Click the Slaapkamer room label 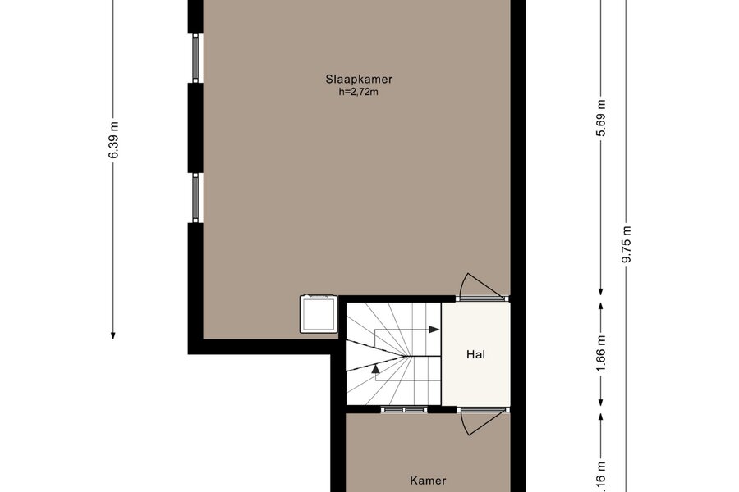[359, 79]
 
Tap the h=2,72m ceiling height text [358, 92]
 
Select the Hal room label [475, 354]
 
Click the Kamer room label [428, 481]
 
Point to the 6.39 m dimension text [113, 140]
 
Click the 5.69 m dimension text [601, 118]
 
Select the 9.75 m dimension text [627, 245]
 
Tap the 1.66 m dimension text [601, 353]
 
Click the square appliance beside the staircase [319, 313]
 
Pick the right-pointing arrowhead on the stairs [434, 330]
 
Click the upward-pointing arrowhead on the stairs [375, 369]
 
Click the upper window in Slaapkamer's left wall [195, 58]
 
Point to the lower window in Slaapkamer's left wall [195, 198]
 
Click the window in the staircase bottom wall [404, 409]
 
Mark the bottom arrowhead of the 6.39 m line [113, 335]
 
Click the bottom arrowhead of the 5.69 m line [601, 291]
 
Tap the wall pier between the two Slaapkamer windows [195, 128]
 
